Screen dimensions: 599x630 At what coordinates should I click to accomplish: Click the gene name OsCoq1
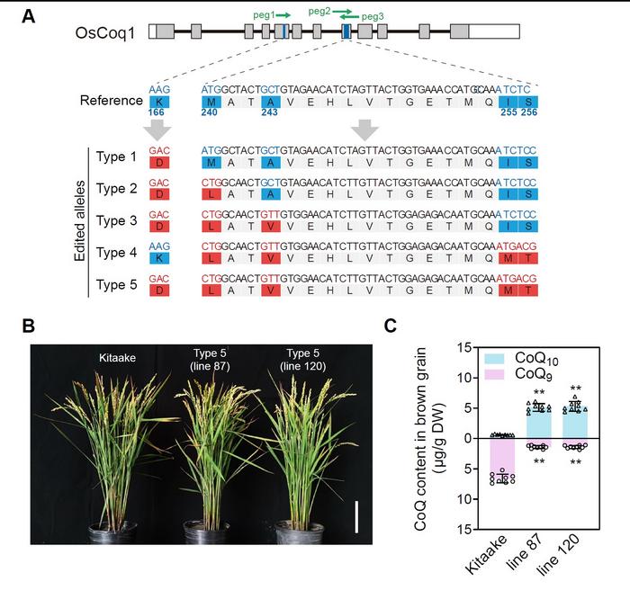[106, 31]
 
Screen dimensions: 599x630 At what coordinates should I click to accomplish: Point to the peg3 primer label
[376, 16]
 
